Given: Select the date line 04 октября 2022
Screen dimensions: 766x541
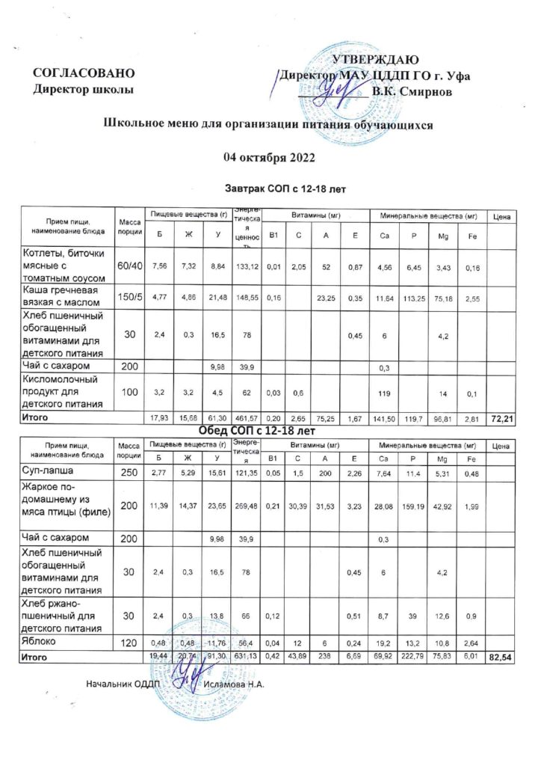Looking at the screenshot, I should tap(270, 157).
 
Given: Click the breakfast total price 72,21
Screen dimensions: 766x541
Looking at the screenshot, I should tap(500, 417).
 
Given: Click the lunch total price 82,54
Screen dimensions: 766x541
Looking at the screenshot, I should tap(500, 657).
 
